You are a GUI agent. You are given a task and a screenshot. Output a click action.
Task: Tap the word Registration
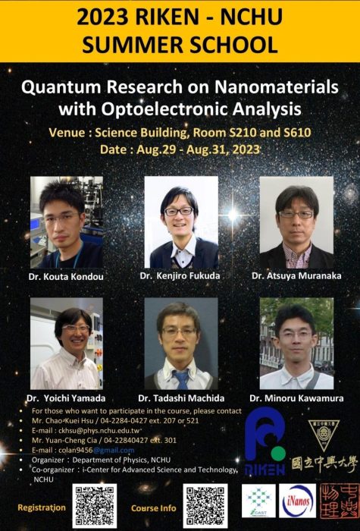(x=42, y=507)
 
